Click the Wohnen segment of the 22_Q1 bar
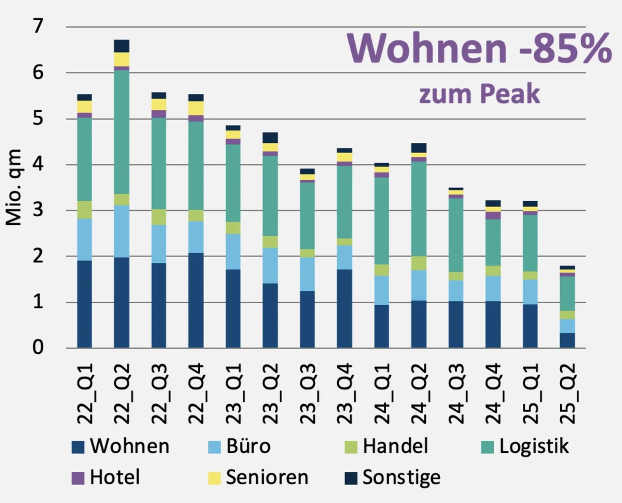(x=85, y=304)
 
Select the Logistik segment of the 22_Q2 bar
(x=121, y=132)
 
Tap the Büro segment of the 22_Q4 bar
(x=196, y=237)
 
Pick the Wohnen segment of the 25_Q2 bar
(x=567, y=340)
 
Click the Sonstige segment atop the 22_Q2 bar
(x=121, y=46)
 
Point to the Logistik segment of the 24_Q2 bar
(x=419, y=209)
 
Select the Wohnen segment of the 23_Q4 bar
(x=345, y=309)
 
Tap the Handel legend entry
(x=386, y=446)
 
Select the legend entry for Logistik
(x=525, y=446)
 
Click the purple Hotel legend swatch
(x=78, y=478)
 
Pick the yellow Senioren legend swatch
(x=214, y=478)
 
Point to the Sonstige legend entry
(x=393, y=478)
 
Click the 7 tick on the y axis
(x=38, y=26)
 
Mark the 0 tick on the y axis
(x=38, y=348)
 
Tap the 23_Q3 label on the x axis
(x=308, y=394)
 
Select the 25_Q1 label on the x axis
(x=530, y=394)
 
